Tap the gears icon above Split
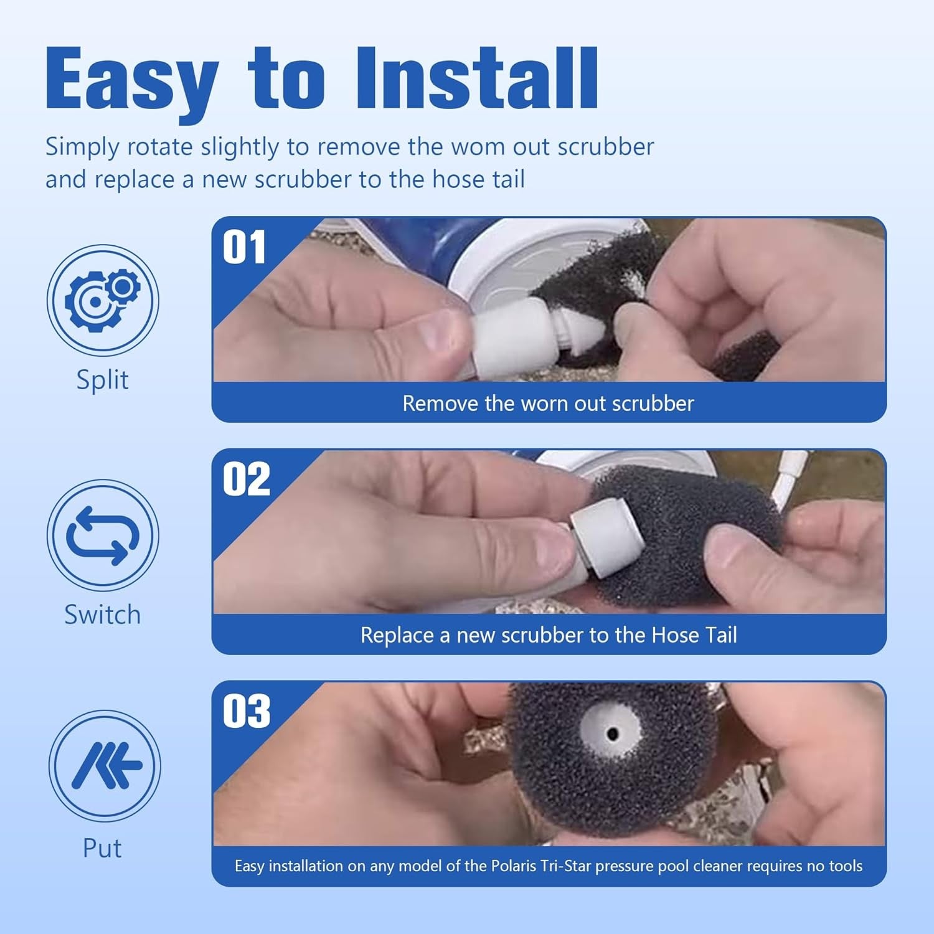coord(103,300)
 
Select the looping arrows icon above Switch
coord(103,535)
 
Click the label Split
coord(102,380)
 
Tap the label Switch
coord(103,615)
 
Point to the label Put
coord(102,848)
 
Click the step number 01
coord(244,247)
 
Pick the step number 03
coord(247,711)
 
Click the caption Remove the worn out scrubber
coord(548,403)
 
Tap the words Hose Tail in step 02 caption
coord(694,635)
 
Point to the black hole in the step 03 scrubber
coord(613,735)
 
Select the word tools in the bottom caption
coord(846,866)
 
